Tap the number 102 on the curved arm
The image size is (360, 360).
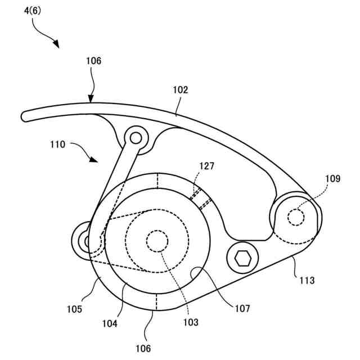181,89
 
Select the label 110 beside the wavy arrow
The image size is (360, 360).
58,144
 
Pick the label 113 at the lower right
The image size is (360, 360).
307,280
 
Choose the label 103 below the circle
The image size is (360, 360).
191,322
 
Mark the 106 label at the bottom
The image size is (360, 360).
143,348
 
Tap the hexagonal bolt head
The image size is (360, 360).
243,259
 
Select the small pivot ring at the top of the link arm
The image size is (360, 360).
135,136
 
